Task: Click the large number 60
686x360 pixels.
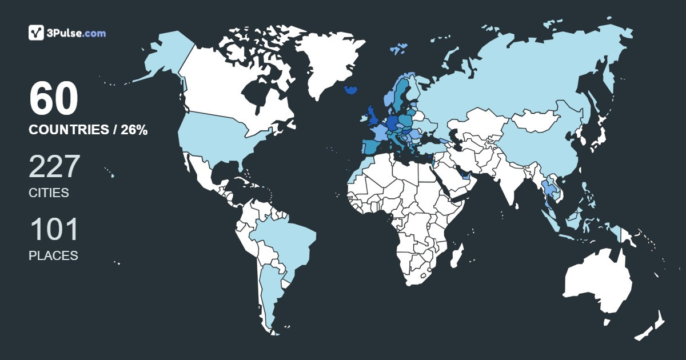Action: (x=53, y=99)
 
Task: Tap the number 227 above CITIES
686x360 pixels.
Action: (x=54, y=167)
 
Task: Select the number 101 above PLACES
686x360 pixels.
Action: (x=53, y=230)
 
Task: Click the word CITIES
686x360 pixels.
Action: (x=49, y=193)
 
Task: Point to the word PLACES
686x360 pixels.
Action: (x=53, y=255)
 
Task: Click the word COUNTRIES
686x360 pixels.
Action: (x=68, y=130)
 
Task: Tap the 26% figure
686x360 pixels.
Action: (x=134, y=130)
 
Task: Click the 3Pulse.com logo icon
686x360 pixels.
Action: (x=37, y=33)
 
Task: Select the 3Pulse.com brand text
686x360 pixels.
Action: (x=77, y=33)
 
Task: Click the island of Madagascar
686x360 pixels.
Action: (x=456, y=255)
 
